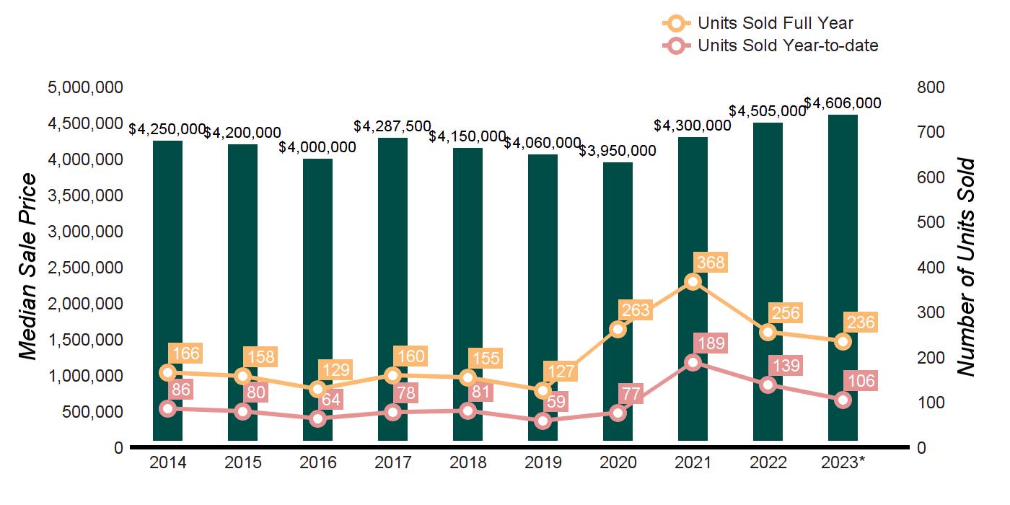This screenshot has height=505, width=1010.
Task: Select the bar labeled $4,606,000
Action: [843, 274]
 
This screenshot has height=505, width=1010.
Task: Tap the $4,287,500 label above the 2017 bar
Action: [392, 126]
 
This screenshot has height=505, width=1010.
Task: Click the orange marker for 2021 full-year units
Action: [693, 282]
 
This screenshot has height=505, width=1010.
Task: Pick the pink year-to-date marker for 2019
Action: [543, 421]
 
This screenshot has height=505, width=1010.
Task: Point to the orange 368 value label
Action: [709, 262]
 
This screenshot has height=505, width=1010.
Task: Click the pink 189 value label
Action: [709, 343]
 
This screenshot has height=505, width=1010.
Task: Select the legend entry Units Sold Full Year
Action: [776, 23]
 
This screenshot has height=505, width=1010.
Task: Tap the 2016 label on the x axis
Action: [317, 462]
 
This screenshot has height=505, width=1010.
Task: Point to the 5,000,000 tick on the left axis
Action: [85, 87]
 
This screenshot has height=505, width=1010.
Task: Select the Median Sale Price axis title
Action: [27, 267]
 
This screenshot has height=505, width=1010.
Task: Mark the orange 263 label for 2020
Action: [634, 311]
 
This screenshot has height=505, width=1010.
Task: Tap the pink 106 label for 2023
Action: [859, 382]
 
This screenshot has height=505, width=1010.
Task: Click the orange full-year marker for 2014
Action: [167, 373]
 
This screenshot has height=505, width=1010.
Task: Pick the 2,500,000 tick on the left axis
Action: [85, 268]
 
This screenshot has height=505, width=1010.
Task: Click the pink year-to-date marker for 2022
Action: [768, 385]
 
